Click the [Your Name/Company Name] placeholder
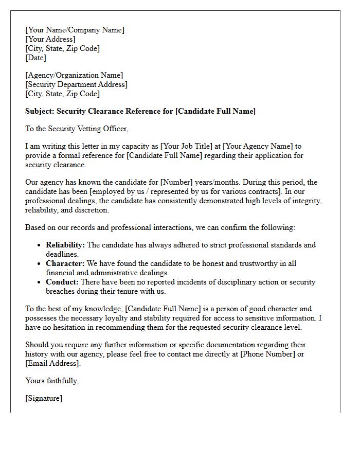coord(75,30)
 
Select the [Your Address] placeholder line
coord(50,39)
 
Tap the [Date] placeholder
coord(35,58)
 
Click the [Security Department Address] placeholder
coord(76,85)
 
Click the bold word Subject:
coord(40,111)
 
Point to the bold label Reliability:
coord(66,245)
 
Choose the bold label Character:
coord(65,263)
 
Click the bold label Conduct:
coord(62,282)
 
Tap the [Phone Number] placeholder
coord(268,354)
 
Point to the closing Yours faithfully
coord(52,381)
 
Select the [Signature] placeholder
coord(44,398)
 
